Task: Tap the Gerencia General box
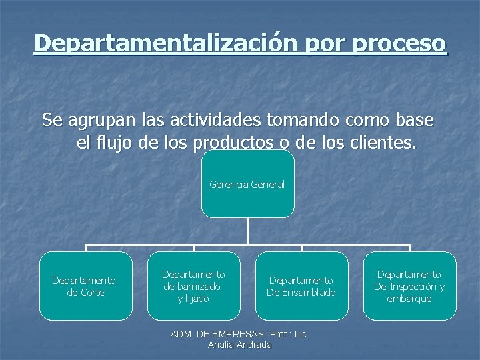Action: coord(247,184)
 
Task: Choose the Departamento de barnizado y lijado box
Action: coord(193,286)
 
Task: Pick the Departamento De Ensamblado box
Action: coord(301,286)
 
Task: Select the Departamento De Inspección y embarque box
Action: coord(409,286)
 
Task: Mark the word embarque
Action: coord(409,298)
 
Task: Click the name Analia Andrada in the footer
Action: coord(240,345)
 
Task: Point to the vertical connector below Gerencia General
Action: coord(247,231)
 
